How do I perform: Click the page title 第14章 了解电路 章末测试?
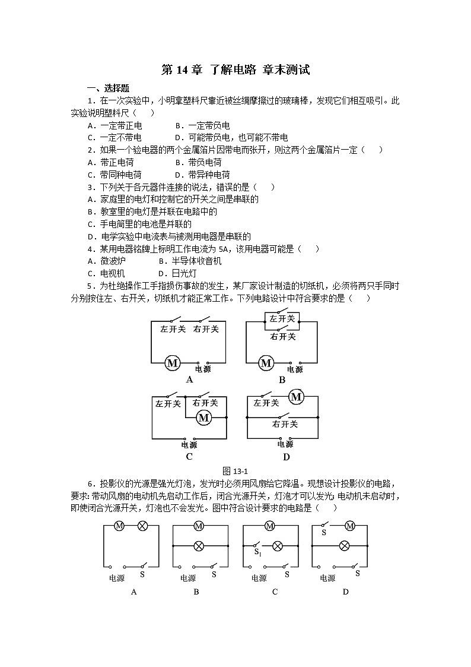coord(235,70)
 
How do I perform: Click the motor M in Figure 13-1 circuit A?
coord(172,363)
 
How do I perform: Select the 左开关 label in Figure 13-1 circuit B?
coord(282,319)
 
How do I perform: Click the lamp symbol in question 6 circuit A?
coord(142,526)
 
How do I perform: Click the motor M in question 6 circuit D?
coord(350,526)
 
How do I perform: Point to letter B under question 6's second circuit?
coord(196,592)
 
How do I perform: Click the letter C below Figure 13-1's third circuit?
coord(189,457)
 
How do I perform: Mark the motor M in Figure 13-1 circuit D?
coord(296,397)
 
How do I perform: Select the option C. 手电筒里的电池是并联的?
coord(139,224)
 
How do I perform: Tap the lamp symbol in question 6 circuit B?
coord(199,545)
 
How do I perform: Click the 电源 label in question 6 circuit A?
coord(117,577)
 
